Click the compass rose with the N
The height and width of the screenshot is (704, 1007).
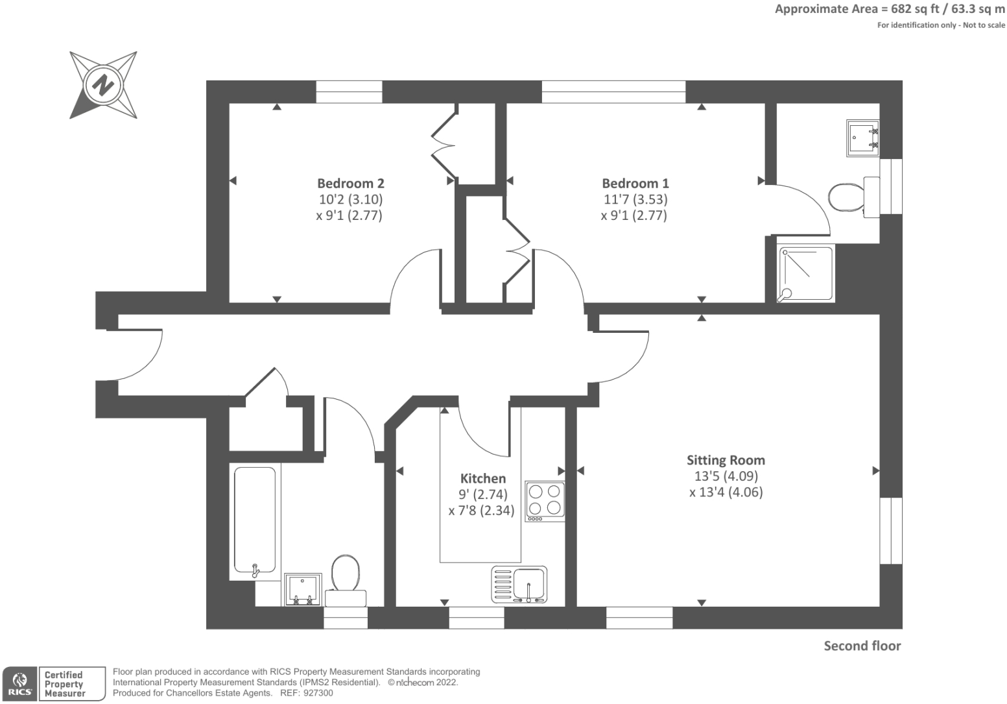click(x=103, y=85)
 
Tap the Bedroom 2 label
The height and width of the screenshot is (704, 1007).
click(x=350, y=184)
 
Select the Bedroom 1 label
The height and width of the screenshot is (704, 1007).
click(x=635, y=184)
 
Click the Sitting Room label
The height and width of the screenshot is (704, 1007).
click(x=726, y=460)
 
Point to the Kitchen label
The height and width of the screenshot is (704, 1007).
click(x=482, y=478)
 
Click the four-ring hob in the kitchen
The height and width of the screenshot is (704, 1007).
click(x=545, y=501)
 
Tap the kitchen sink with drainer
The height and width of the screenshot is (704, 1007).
click(x=519, y=583)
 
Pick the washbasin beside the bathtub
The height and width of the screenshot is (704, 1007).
click(x=303, y=589)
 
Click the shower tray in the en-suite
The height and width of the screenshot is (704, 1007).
click(x=805, y=274)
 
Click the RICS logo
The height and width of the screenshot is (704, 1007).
click(x=19, y=684)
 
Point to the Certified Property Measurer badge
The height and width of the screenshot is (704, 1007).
click(x=72, y=684)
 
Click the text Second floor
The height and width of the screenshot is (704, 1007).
click(x=862, y=646)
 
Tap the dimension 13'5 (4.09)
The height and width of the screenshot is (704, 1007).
click(x=726, y=476)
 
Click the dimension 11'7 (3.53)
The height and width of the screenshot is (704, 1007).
click(x=635, y=199)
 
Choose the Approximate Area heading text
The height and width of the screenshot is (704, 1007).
click(x=889, y=9)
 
